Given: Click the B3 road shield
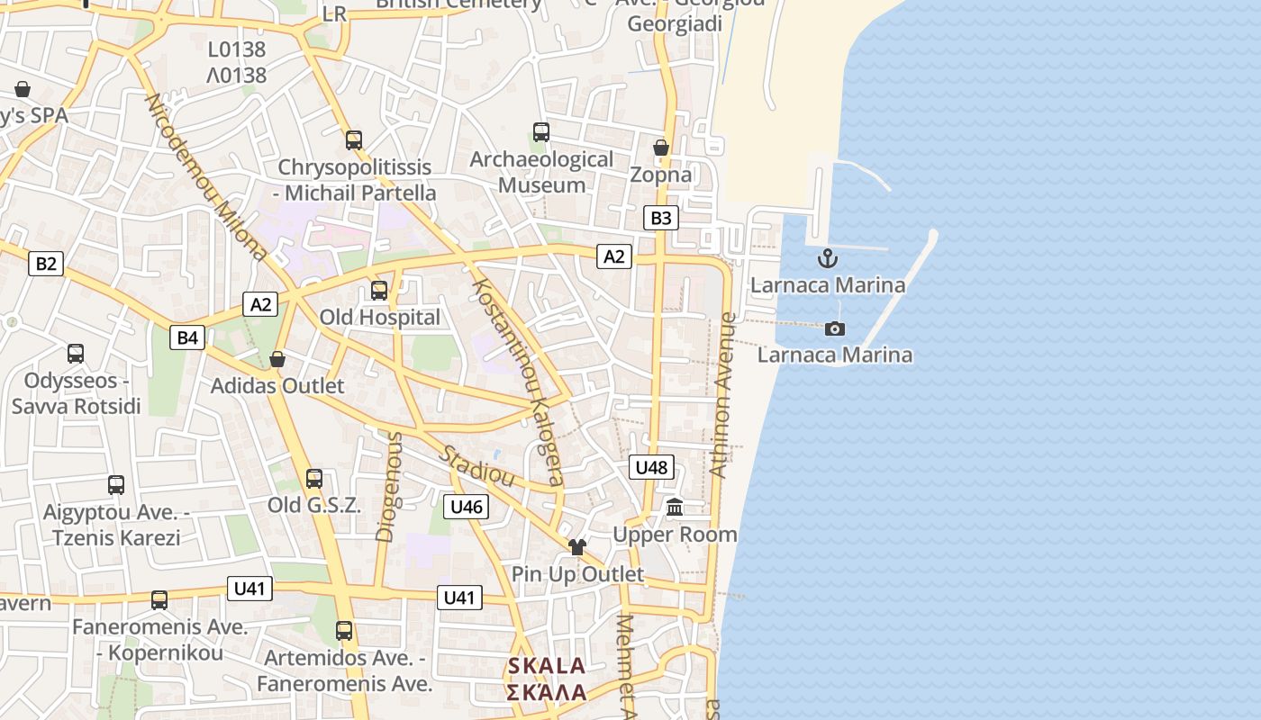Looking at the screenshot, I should pos(661,218).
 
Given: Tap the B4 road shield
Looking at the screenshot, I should pos(187,337).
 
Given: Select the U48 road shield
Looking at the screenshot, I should pos(651,467).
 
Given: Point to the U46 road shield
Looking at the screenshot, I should pos(467,507).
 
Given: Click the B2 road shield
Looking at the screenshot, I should pos(46,264).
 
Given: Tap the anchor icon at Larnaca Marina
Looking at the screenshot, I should pos(827,259).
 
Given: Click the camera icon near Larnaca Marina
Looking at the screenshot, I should pos(835,328).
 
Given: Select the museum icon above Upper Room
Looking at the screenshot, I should pos(675,508).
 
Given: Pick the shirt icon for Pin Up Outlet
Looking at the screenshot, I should pos(577,546).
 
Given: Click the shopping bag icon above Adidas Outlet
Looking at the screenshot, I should pos(277,359).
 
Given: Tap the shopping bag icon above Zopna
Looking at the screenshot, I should pos(661,148).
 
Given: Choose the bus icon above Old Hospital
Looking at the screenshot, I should pos(379,291).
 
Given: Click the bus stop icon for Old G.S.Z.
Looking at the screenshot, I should pos(314,479).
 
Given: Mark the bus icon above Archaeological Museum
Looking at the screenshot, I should pos(541,132).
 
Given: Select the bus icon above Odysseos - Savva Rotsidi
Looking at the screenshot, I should pos(76,354).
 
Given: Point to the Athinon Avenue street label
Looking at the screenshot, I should pos(723,394).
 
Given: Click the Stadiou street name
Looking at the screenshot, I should pos(476,464).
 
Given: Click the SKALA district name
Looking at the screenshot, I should pos(547,667).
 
